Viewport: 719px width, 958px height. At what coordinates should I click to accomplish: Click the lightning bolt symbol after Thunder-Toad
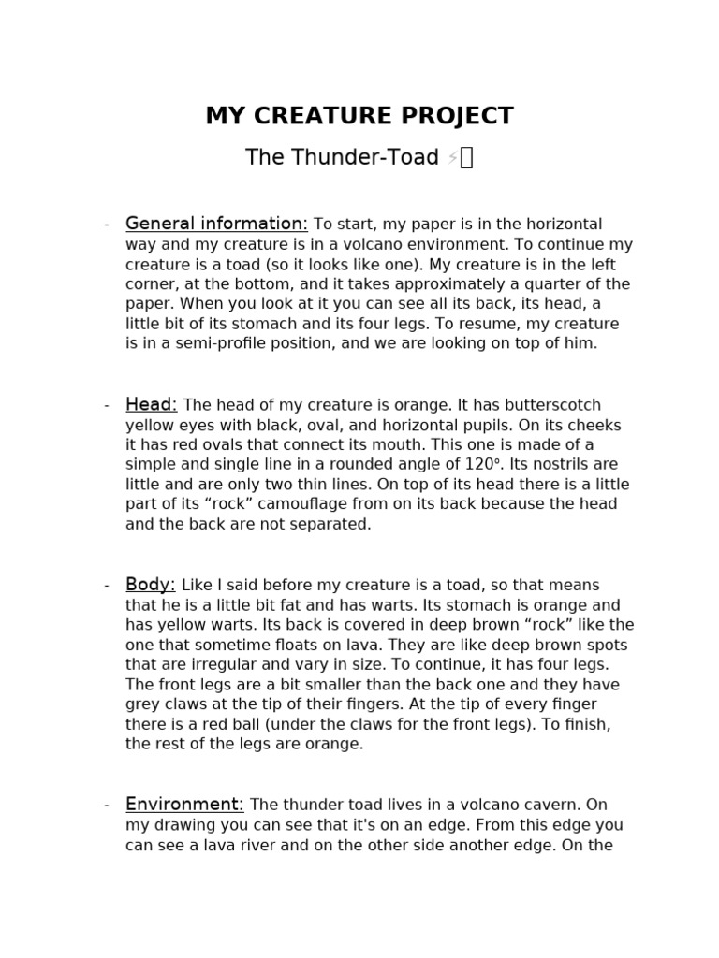[x=452, y=158]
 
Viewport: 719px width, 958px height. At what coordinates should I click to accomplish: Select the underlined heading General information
[x=216, y=224]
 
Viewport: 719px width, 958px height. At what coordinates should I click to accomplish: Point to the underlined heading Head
[x=151, y=404]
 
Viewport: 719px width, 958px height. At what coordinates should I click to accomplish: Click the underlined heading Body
[x=151, y=585]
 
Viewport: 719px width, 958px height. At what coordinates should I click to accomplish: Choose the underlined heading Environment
[x=184, y=805]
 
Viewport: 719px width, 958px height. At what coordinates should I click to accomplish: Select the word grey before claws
[x=145, y=704]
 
